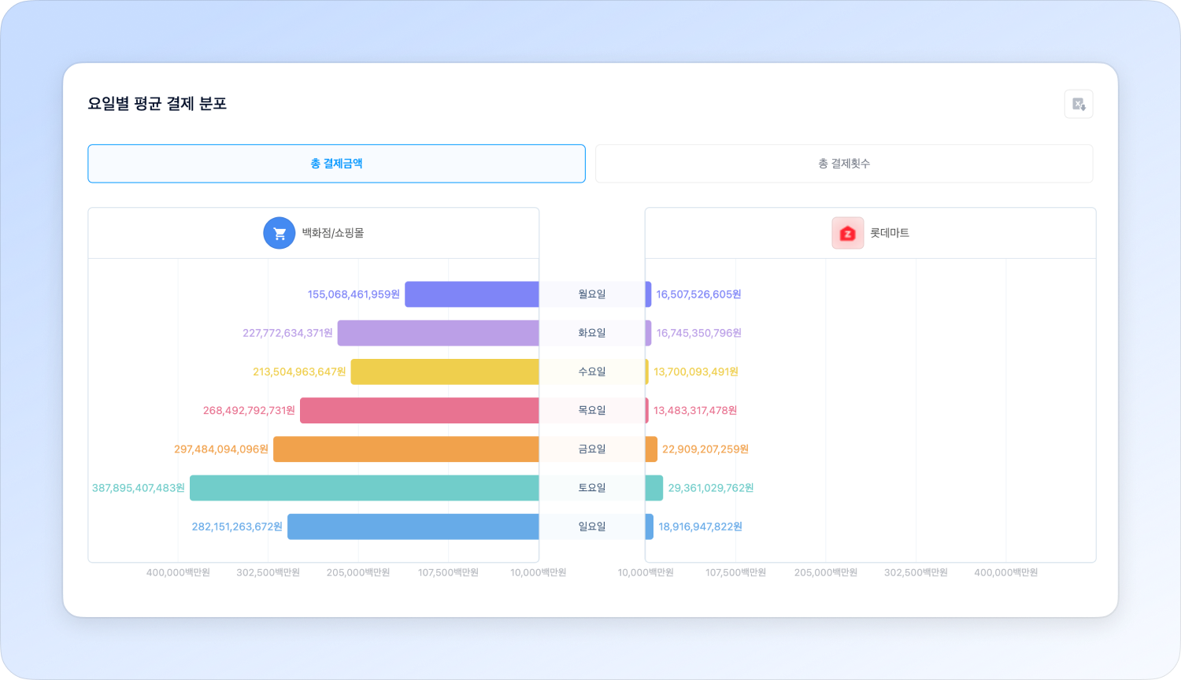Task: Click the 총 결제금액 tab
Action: (336, 164)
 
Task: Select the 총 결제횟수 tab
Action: (843, 164)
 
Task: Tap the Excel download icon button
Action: (1079, 104)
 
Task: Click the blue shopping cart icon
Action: (279, 233)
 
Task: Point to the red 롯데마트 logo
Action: (847, 233)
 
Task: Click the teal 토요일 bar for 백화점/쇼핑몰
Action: (364, 488)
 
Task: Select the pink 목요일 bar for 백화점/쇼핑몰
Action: (419, 411)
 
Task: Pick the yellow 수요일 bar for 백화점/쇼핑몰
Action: (444, 371)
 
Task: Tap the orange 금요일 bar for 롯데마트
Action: (651, 449)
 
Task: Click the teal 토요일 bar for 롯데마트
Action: (654, 488)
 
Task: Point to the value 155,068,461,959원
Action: (354, 294)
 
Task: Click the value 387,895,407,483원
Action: (139, 488)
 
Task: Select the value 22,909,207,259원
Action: (705, 449)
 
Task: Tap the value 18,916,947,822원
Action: (701, 527)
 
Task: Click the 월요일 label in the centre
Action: (592, 294)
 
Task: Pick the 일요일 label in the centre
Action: (592, 527)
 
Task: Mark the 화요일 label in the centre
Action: (592, 333)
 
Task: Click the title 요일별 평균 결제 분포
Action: (157, 104)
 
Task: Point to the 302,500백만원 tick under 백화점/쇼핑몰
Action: (268, 572)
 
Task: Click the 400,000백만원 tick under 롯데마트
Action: (1005, 572)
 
